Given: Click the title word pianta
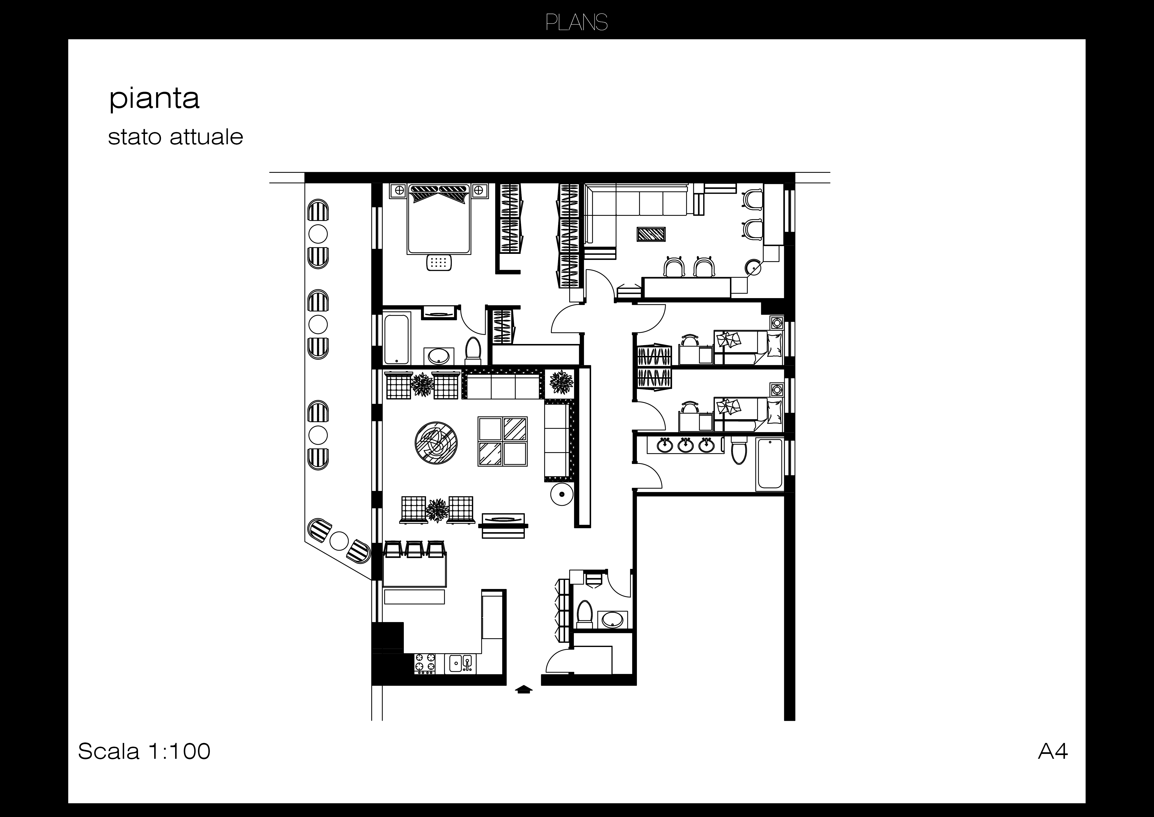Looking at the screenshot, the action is coord(154,99).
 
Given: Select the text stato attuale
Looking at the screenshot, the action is coord(175,137).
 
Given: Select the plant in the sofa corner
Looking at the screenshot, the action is coord(561,382).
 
